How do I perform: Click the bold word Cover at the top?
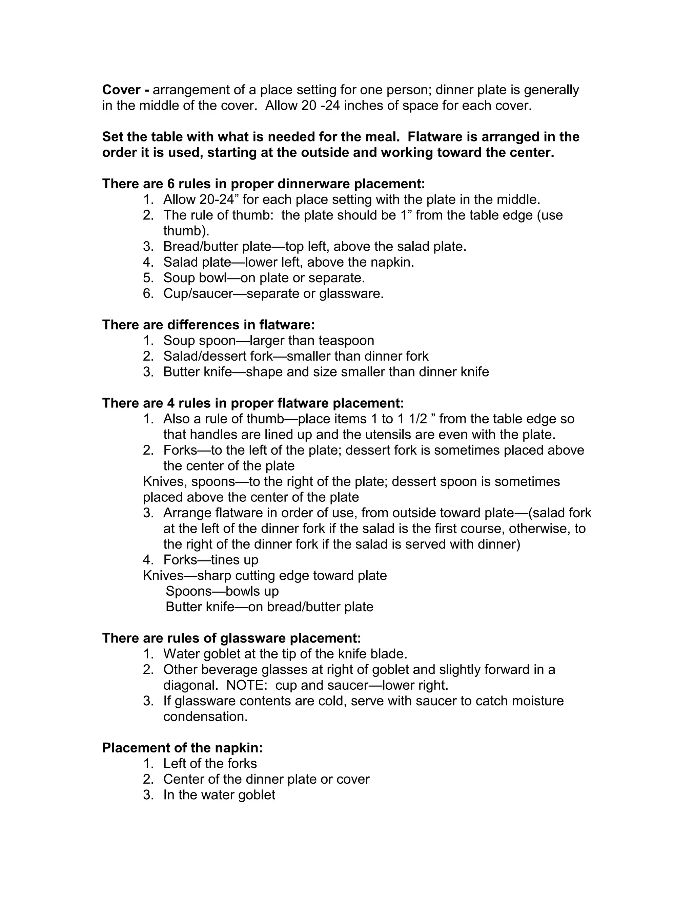[x=121, y=90]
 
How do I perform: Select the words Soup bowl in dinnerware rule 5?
[x=195, y=278]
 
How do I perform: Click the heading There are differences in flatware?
[x=208, y=325]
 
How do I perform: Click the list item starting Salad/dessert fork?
[x=295, y=356]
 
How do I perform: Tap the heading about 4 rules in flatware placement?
[x=253, y=403]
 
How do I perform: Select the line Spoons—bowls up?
[x=222, y=591]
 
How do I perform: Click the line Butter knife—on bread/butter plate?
[x=269, y=607]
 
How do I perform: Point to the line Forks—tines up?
[x=210, y=560]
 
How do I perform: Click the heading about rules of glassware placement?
[x=231, y=638]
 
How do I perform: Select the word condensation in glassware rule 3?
[x=206, y=716]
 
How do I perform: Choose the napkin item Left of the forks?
[x=210, y=764]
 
